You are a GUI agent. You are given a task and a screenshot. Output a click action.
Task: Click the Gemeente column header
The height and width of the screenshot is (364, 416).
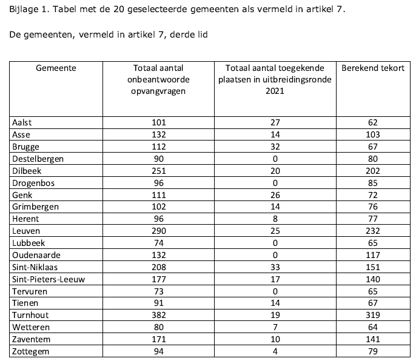[x=56, y=68]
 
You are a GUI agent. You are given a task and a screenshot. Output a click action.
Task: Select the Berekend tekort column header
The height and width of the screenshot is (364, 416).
[x=373, y=68]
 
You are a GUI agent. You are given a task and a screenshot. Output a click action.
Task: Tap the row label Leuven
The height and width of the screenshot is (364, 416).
[x=25, y=231]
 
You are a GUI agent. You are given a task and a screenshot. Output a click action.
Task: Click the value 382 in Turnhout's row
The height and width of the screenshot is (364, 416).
[x=158, y=316]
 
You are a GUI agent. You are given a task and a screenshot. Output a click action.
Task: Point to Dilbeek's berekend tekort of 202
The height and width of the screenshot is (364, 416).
[x=372, y=171]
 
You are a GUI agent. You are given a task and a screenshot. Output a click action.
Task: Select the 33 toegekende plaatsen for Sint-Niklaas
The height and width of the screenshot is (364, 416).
[x=275, y=267]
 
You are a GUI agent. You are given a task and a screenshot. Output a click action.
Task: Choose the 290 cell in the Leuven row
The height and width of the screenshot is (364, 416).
[x=158, y=231]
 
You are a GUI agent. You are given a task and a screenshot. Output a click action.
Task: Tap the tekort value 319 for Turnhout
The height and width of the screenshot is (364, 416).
[x=372, y=316]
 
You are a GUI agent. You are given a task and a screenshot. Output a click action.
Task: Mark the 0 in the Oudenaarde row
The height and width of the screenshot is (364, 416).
[x=275, y=255]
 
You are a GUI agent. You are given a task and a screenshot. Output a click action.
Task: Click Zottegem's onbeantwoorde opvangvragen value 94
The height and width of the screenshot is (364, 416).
[x=158, y=352]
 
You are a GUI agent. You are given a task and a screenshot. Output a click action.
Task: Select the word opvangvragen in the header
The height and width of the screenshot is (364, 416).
[x=158, y=90]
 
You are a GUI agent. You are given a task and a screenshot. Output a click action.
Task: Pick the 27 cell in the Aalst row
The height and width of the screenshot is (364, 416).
[x=275, y=122]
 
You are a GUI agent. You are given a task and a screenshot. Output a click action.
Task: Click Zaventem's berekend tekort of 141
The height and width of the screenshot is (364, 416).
[x=372, y=340]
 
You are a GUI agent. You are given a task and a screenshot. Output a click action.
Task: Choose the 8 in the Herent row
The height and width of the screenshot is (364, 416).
[x=275, y=219]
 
